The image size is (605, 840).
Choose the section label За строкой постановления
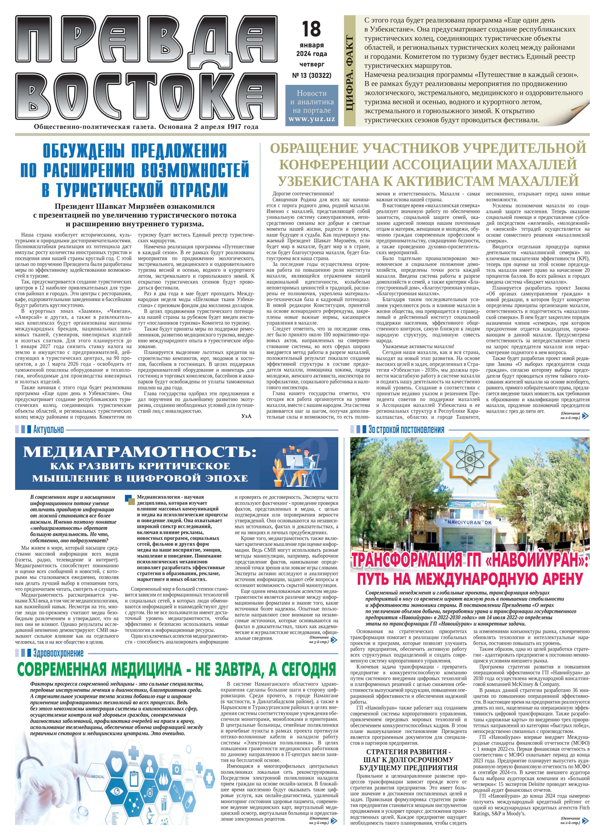(406, 430)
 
